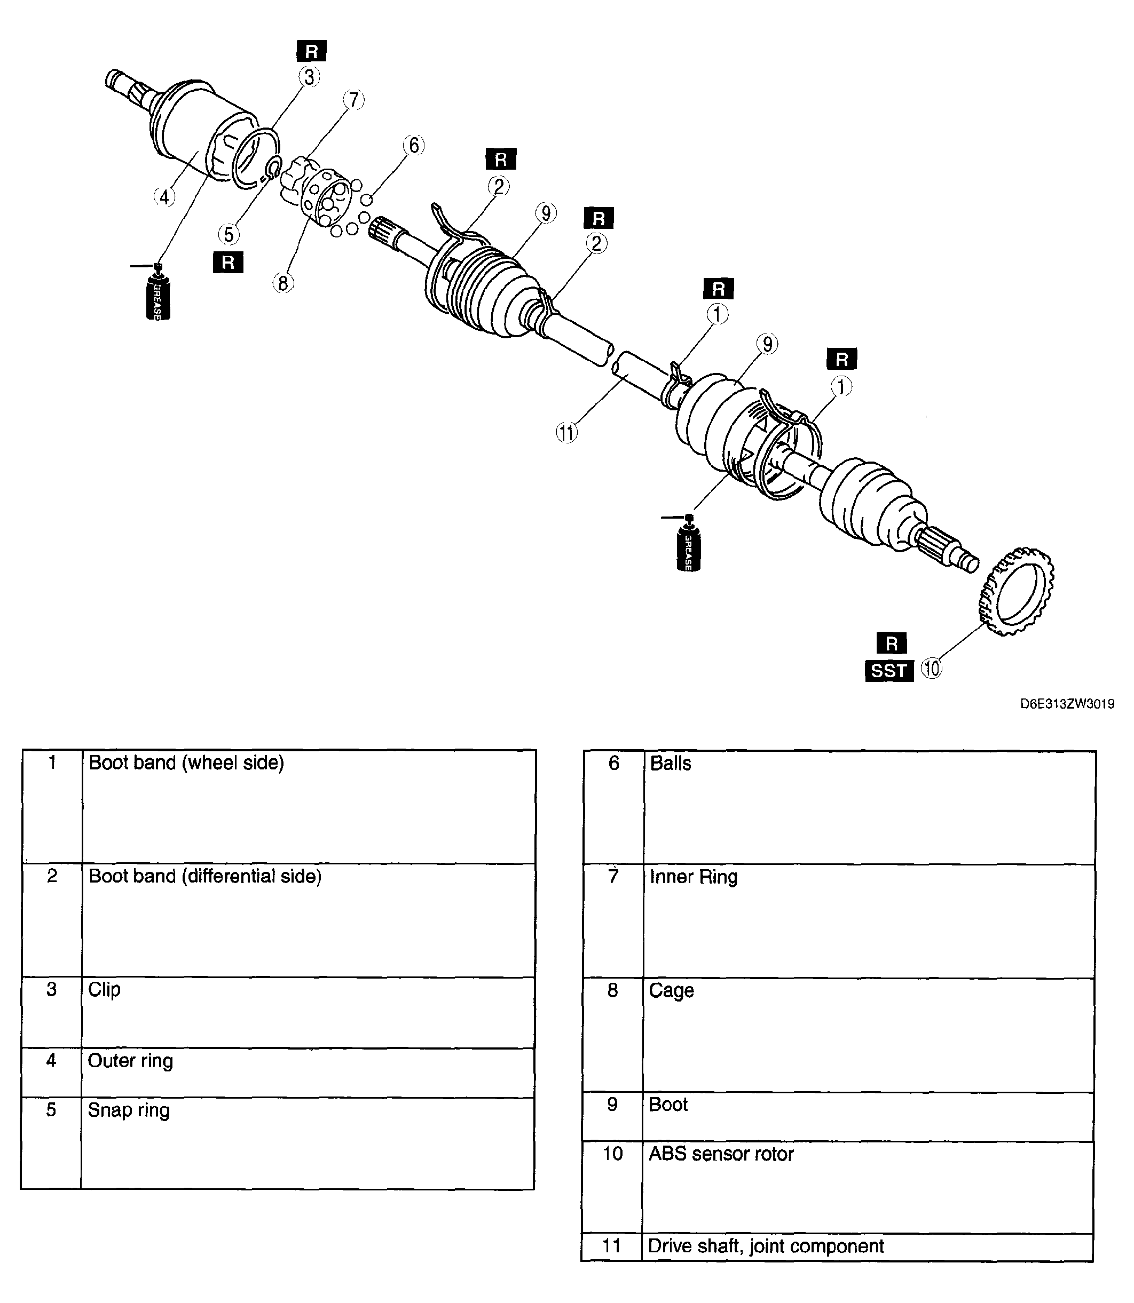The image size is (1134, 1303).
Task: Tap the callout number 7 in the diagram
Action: tap(354, 100)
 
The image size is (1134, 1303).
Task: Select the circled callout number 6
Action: tap(413, 146)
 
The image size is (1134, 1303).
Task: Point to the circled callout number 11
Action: tap(567, 433)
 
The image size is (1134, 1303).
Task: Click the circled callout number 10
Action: tap(932, 669)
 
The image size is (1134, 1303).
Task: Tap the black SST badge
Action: tap(889, 671)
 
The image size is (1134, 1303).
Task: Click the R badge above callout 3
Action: tap(311, 51)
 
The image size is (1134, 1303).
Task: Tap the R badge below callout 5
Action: tap(229, 262)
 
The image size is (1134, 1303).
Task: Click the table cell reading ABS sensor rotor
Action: tap(868, 1187)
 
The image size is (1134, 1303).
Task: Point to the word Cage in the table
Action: tap(672, 990)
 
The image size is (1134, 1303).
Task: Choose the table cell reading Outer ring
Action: tap(308, 1073)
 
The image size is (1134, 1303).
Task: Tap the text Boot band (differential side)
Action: tap(205, 877)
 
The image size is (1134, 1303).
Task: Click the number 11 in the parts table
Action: tap(611, 1246)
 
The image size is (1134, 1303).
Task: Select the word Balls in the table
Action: tap(671, 764)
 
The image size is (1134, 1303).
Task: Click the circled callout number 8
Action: tap(283, 283)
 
